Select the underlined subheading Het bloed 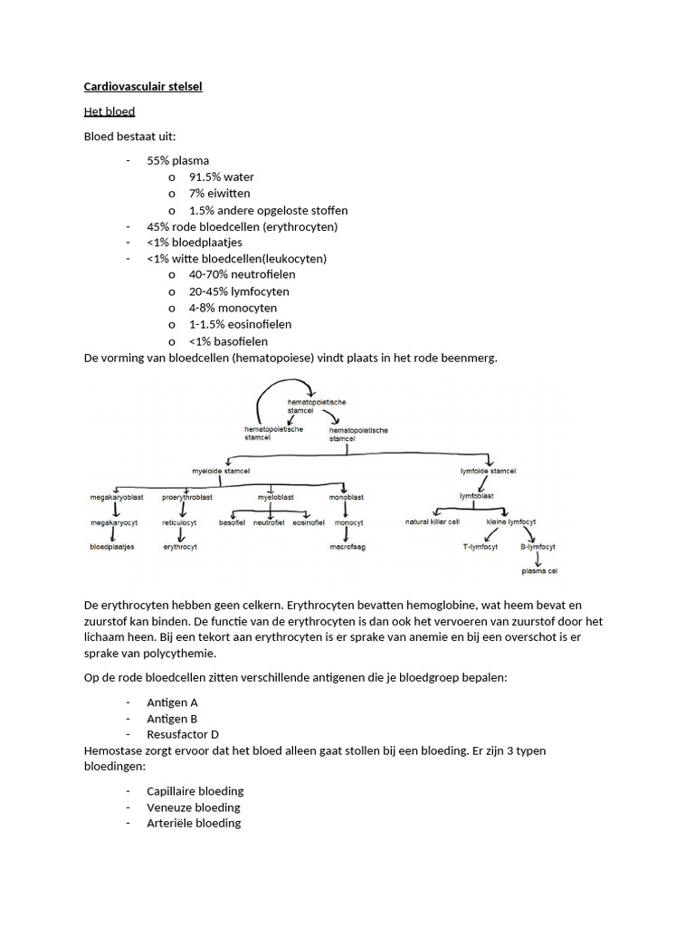click(x=109, y=111)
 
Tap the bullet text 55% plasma click(x=177, y=160)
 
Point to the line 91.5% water click(x=222, y=177)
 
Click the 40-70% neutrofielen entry click(x=242, y=274)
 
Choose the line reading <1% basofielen click(x=228, y=340)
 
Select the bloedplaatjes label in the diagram click(x=111, y=547)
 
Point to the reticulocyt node click(x=180, y=522)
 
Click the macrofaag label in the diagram click(x=348, y=547)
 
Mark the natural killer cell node click(x=433, y=522)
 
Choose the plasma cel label click(x=539, y=571)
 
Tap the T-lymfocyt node click(x=481, y=547)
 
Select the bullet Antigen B click(x=172, y=719)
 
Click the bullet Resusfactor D click(x=182, y=734)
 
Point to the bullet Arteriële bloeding click(x=194, y=823)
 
